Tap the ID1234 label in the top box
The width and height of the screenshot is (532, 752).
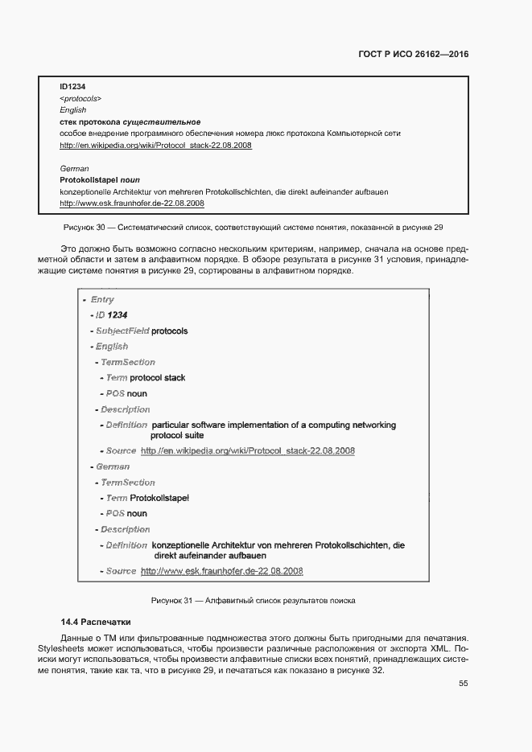73,86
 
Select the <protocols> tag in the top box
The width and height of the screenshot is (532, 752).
80,98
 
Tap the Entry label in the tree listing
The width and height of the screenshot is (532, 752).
101,300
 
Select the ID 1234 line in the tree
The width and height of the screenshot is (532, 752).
111,315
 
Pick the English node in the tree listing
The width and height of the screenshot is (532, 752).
111,347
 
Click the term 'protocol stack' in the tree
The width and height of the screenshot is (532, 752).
158,377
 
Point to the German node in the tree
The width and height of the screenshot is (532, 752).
112,466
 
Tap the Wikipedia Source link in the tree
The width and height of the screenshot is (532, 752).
247,450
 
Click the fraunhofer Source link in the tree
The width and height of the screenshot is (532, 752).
221,571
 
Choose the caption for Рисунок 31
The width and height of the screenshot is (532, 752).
254,601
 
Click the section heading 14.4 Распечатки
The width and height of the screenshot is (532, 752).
95,623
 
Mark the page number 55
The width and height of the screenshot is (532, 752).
464,684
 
